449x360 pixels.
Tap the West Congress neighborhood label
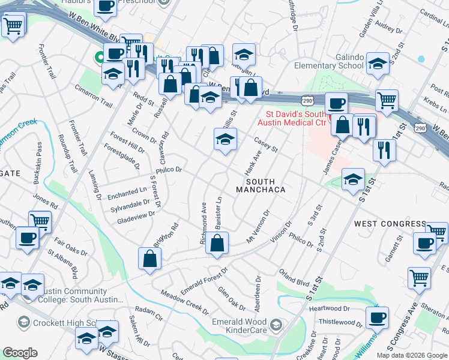point(390,224)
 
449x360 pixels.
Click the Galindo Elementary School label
point(329,61)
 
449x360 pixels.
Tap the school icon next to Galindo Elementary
point(378,63)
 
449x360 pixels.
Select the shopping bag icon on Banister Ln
point(218,244)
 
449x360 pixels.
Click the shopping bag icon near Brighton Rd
point(149,259)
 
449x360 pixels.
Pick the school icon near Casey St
point(225,140)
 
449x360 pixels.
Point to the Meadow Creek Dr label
point(184,302)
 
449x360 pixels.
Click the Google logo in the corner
point(20,353)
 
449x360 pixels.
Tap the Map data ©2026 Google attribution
point(412,355)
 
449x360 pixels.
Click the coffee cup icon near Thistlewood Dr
point(377,317)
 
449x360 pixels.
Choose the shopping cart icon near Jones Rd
point(40,221)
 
